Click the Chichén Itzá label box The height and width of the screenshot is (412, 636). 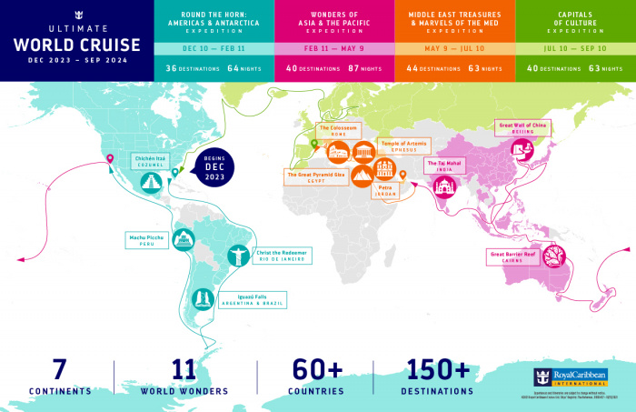coord(151,161)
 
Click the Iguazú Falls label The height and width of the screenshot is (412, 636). coord(262,298)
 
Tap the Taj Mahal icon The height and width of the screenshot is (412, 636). coord(446,186)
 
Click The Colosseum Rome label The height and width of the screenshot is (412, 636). coord(337,130)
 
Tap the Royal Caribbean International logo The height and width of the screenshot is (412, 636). coord(570,377)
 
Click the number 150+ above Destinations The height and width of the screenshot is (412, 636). coord(439,370)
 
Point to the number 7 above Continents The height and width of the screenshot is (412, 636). coord(59,370)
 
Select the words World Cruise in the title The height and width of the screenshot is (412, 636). coord(77,45)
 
